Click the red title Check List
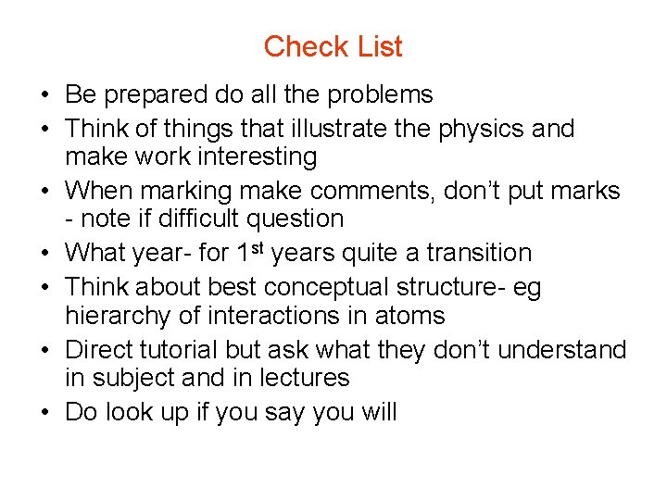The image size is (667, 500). pyautogui.click(x=333, y=46)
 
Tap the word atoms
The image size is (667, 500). pyautogui.click(x=409, y=316)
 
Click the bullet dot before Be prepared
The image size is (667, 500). pyautogui.click(x=45, y=95)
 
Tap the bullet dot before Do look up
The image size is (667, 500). pyautogui.click(x=45, y=412)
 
